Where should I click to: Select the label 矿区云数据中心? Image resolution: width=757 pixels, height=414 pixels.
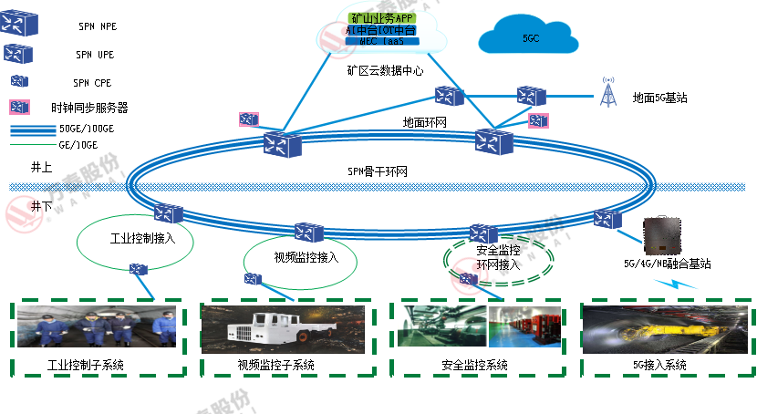pyautogui.click(x=385, y=69)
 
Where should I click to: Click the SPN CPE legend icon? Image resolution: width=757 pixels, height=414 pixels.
pyautogui.click(x=18, y=81)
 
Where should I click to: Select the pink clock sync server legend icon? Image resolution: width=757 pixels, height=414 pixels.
pyautogui.click(x=18, y=107)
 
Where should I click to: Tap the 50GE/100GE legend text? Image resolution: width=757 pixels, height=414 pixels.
pyautogui.click(x=86, y=129)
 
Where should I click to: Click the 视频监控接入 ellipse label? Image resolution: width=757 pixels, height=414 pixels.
pyautogui.click(x=306, y=257)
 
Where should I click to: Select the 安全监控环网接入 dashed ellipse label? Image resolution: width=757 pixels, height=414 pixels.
pyautogui.click(x=498, y=257)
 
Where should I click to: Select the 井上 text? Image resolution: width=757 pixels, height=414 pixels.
pyautogui.click(x=41, y=167)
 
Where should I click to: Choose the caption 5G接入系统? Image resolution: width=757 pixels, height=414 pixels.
pyautogui.click(x=659, y=366)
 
